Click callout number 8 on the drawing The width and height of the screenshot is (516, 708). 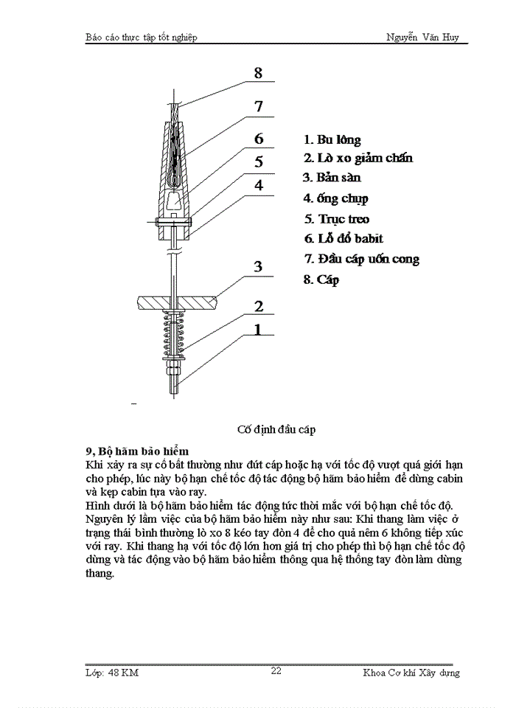(x=258, y=73)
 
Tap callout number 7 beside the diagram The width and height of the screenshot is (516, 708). (x=258, y=106)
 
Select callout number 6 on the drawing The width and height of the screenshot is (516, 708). (x=258, y=139)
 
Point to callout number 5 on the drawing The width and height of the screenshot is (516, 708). (x=258, y=162)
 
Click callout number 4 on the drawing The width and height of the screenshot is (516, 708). (x=258, y=184)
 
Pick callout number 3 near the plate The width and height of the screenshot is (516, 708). (x=258, y=266)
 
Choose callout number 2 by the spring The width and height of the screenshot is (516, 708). (x=258, y=306)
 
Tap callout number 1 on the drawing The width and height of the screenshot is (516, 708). (x=258, y=330)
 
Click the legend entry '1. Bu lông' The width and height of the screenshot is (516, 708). (x=332, y=139)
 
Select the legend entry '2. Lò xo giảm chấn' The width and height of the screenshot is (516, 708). (x=358, y=158)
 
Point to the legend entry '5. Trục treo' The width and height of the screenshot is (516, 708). (x=337, y=219)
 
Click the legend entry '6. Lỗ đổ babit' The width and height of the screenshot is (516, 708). (x=344, y=239)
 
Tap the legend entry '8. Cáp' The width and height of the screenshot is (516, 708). (x=321, y=280)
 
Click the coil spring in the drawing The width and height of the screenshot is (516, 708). (x=174, y=333)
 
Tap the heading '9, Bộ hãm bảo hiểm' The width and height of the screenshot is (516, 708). (x=138, y=451)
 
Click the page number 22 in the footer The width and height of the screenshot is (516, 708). (x=276, y=670)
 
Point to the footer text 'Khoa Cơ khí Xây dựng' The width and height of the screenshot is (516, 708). (x=411, y=672)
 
